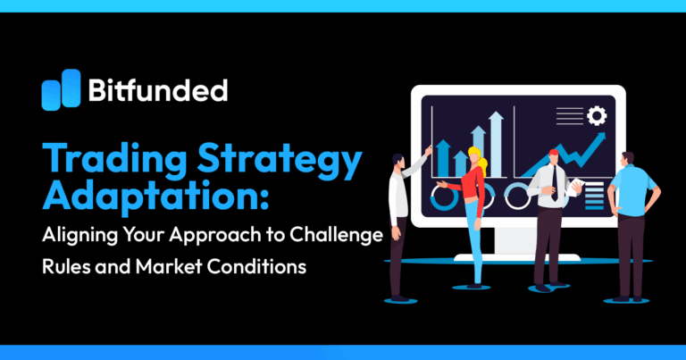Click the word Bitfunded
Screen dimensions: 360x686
[x=157, y=90]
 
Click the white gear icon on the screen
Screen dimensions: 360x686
[x=596, y=116]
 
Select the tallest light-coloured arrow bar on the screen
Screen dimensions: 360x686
[x=479, y=147]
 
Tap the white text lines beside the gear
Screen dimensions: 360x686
[x=568, y=116]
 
